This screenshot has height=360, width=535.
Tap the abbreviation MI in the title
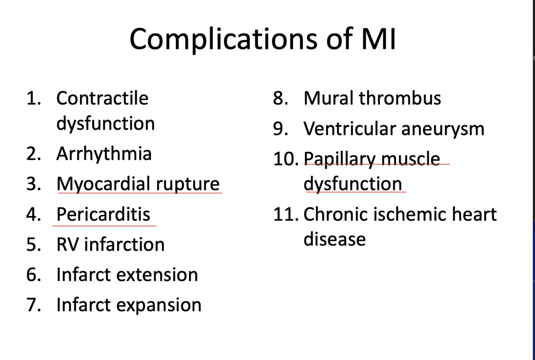378,39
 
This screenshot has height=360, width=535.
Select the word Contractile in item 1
102,98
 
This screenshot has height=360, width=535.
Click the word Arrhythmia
104,154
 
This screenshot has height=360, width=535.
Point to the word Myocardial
103,184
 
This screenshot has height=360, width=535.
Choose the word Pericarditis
103,214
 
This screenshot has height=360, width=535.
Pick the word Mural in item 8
328,98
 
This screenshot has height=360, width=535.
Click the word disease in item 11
334,239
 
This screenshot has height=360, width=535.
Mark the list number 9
280,129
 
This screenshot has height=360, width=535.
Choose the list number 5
33,244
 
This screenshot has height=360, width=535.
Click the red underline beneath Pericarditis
104,226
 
